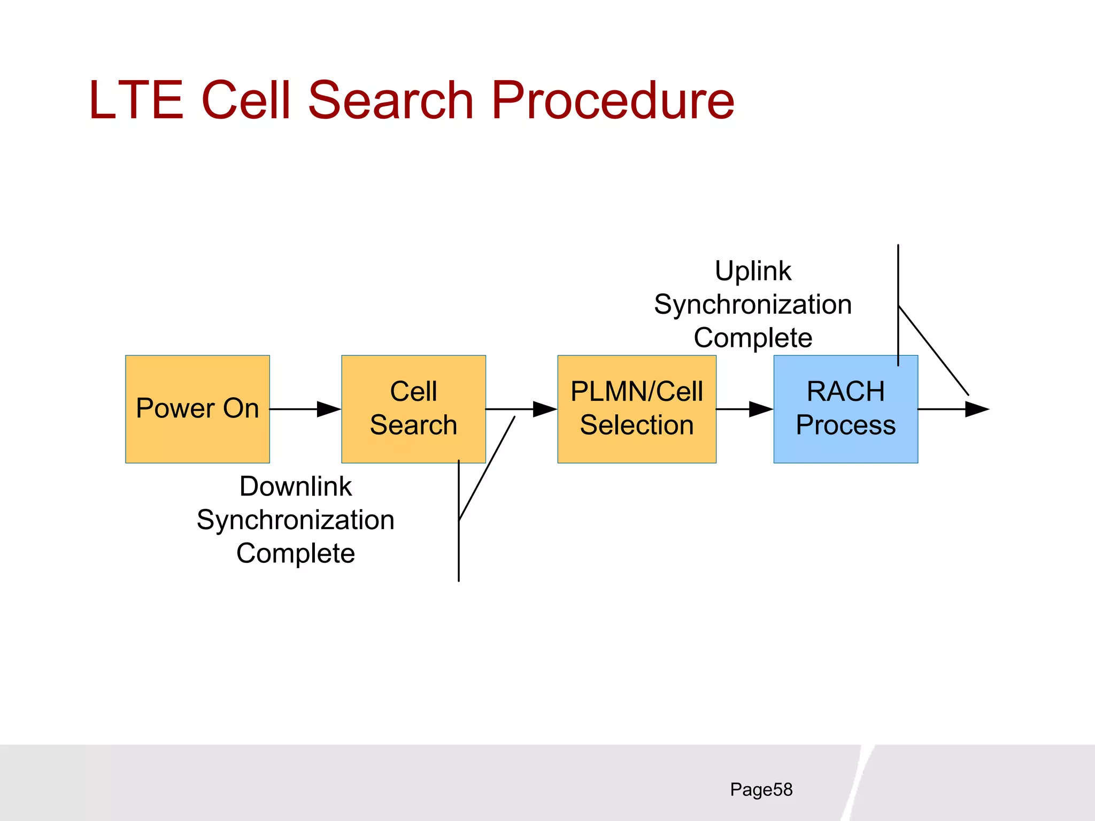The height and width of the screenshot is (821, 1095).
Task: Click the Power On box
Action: tap(197, 409)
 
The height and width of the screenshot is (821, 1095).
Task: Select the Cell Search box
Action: tap(413, 409)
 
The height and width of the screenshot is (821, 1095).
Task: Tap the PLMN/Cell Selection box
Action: tap(636, 409)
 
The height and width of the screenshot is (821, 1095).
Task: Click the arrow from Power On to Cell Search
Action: tap(305, 409)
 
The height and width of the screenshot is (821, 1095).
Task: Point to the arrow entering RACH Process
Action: tap(745, 409)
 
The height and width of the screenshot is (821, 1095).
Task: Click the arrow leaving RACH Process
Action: tap(953, 409)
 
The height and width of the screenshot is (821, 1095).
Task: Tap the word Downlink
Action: tap(295, 486)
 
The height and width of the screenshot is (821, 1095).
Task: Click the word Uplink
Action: tap(753, 271)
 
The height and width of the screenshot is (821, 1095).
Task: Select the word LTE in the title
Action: tap(136, 100)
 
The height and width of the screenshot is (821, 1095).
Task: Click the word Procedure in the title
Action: tap(612, 100)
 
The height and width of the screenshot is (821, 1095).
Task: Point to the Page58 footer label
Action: tap(761, 789)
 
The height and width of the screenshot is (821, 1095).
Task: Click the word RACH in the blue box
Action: tap(845, 391)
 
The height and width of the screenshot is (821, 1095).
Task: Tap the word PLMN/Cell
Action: tap(636, 391)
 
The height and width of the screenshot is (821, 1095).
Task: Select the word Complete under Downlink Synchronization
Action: tap(295, 553)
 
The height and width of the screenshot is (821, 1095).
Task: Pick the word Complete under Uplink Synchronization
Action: tap(753, 338)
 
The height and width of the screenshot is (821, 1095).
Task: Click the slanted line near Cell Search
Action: tap(487, 468)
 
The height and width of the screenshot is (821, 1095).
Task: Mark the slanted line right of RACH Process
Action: tap(934, 351)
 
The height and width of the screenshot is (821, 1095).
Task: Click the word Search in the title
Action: tap(391, 100)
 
